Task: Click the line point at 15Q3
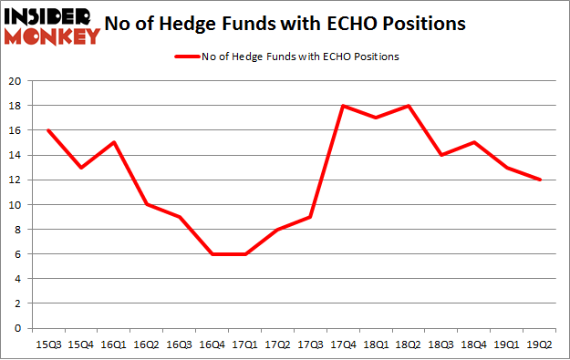point(47,130)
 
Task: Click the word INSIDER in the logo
point(48,17)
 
